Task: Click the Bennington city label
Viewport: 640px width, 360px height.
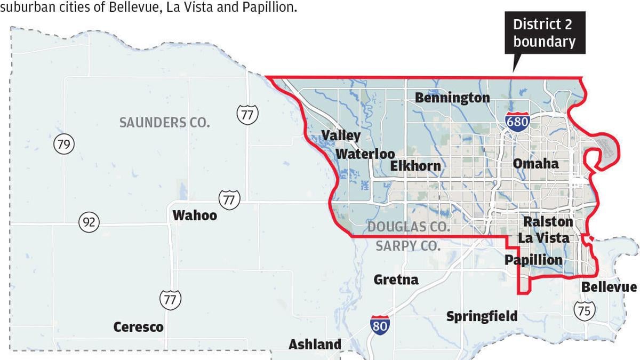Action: pyautogui.click(x=452, y=98)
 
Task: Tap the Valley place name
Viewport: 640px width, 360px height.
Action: pyautogui.click(x=341, y=136)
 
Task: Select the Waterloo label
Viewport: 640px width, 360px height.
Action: pyautogui.click(x=365, y=154)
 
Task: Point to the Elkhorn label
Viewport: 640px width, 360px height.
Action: pyautogui.click(x=415, y=166)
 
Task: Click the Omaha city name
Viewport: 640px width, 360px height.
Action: pyautogui.click(x=535, y=163)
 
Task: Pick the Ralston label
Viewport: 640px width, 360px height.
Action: pyautogui.click(x=548, y=221)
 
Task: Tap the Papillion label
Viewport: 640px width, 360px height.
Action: pyautogui.click(x=533, y=260)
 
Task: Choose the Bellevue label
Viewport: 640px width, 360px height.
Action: pyautogui.click(x=609, y=287)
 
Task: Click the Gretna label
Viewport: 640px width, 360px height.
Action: pyautogui.click(x=396, y=279)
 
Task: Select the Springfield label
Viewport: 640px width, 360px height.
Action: pyautogui.click(x=482, y=316)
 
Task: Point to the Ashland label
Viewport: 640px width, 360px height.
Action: pyautogui.click(x=315, y=345)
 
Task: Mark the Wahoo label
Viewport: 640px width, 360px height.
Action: pyautogui.click(x=195, y=215)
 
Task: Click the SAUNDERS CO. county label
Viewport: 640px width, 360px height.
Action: pyautogui.click(x=164, y=123)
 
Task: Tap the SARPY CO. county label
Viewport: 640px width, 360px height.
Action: pyautogui.click(x=408, y=246)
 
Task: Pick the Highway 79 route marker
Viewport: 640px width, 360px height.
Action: pyautogui.click(x=64, y=144)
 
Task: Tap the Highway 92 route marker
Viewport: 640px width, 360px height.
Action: pyautogui.click(x=89, y=222)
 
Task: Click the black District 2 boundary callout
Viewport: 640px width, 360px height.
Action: pyautogui.click(x=544, y=33)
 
